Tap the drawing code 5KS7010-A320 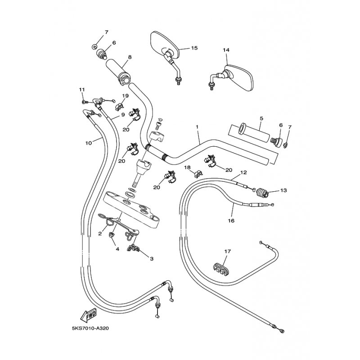(x=90, y=328)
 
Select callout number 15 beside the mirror (x=194, y=48)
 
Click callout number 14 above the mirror (x=226, y=50)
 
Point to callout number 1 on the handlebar (x=197, y=127)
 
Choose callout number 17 (x=227, y=252)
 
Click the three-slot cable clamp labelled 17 (x=220, y=269)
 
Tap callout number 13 (x=283, y=190)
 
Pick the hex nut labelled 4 (x=112, y=235)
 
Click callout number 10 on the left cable (x=88, y=143)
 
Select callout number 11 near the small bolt (x=82, y=90)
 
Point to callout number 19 (x=126, y=96)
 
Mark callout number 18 (x=188, y=167)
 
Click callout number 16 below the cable (x=231, y=220)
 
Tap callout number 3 (x=152, y=259)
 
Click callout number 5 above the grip (x=261, y=118)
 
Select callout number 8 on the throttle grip (x=130, y=57)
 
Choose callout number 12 (x=243, y=172)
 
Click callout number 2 (x=100, y=234)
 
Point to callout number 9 (x=123, y=115)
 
